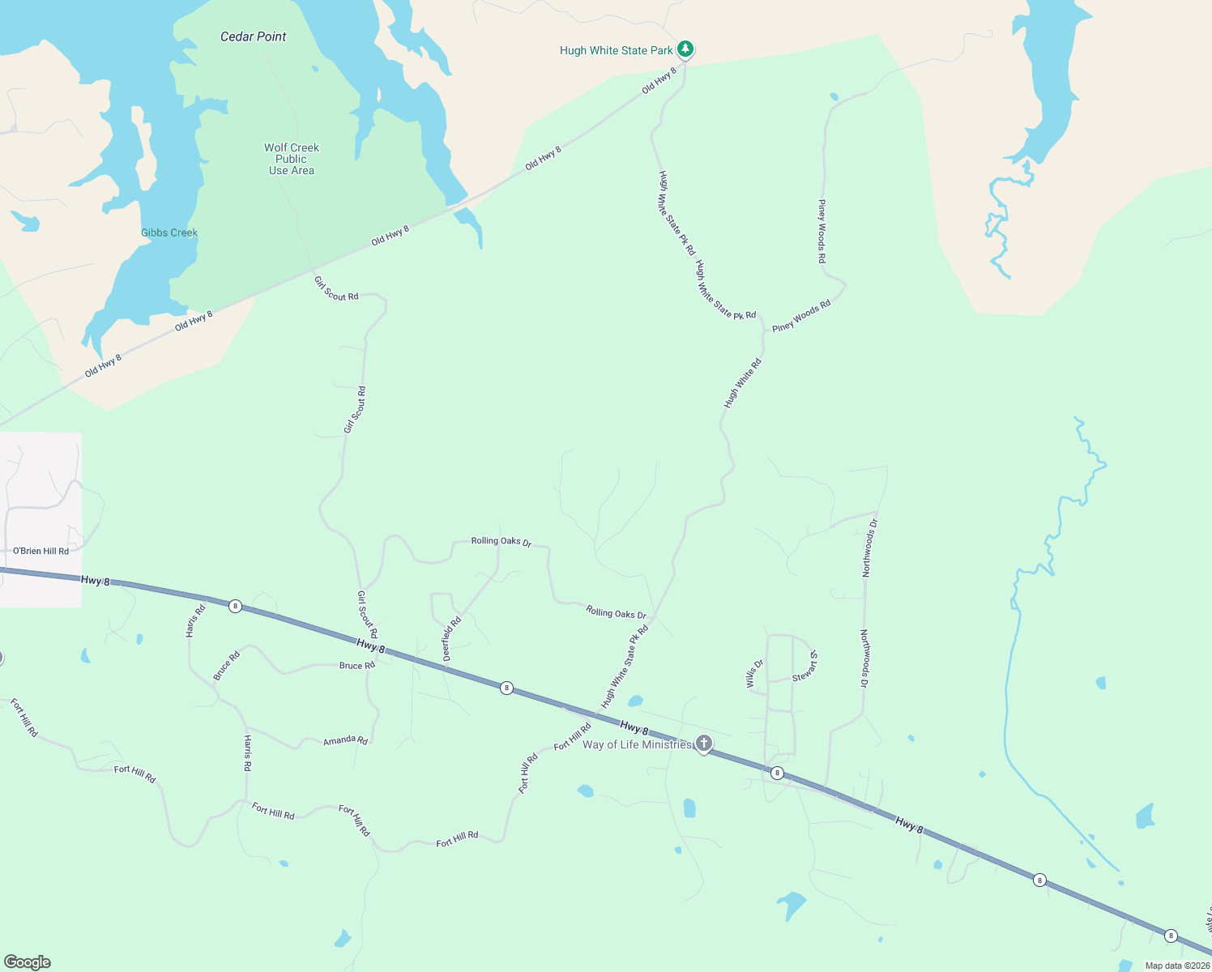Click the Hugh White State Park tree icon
(685, 49)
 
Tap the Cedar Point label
(253, 36)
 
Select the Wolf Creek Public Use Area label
(292, 159)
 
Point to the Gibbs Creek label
(169, 232)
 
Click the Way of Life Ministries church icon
(704, 744)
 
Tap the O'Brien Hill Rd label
(41, 551)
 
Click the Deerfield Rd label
(452, 639)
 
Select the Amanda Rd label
(345, 740)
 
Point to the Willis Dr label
(754, 674)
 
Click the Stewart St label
(805, 666)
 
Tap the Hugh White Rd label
(743, 383)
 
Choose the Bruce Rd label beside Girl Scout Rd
(356, 666)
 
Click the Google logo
(27, 962)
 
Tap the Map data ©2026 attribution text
(1177, 966)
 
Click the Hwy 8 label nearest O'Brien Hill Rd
(95, 580)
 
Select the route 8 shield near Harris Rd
(235, 606)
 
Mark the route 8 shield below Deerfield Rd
(506, 688)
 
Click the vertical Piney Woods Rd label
(822, 232)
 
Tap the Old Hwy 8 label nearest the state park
(659, 81)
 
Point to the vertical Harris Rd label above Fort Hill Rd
(248, 753)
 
